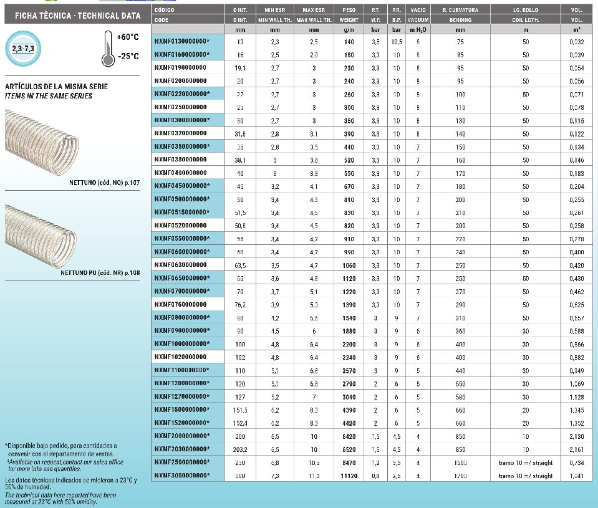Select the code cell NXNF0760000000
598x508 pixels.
point(180,304)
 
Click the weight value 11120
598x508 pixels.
point(349,476)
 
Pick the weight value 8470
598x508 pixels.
point(349,462)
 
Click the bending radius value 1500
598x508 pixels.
point(461,462)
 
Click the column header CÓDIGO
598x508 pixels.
point(165,11)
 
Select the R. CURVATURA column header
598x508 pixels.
point(460,11)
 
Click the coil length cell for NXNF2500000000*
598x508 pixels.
point(525,462)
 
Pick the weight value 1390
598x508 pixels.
point(349,304)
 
